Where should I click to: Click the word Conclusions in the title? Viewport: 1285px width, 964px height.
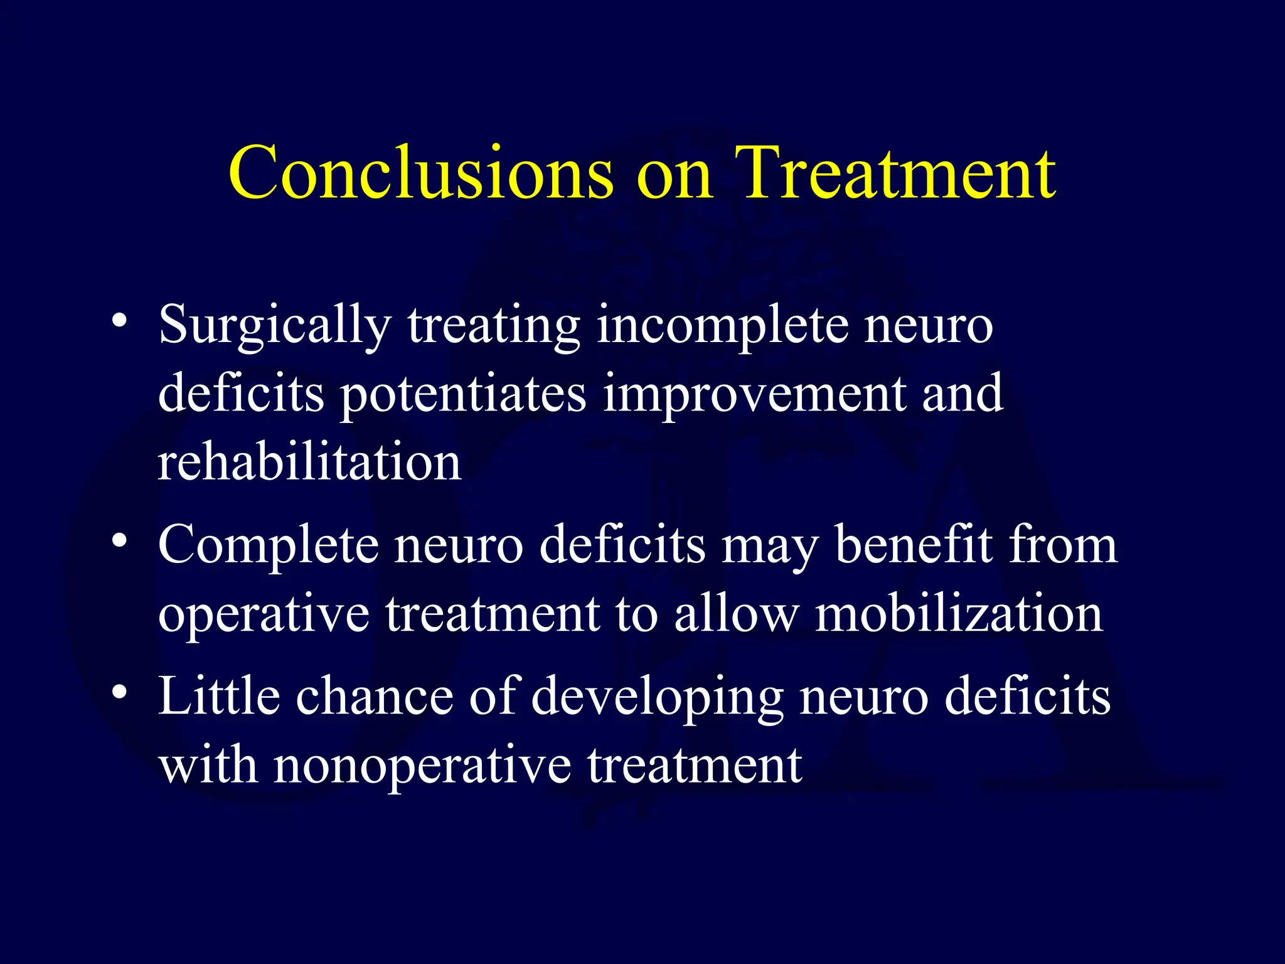click(x=420, y=173)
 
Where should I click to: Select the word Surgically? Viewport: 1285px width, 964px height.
click(x=275, y=326)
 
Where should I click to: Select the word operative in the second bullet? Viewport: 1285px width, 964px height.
click(x=264, y=615)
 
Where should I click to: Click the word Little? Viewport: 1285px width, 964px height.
click(x=219, y=697)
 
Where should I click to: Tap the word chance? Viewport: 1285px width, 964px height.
click(x=375, y=697)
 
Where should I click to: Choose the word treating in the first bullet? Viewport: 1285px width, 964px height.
click(x=494, y=326)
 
